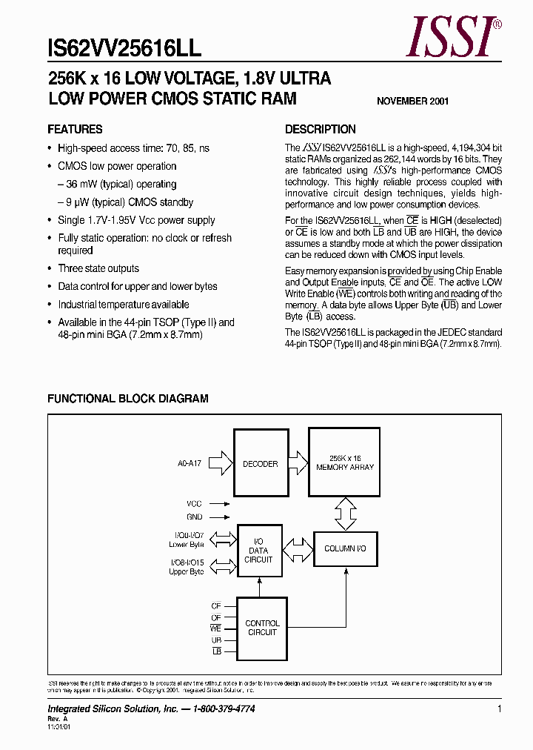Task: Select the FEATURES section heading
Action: click(x=75, y=129)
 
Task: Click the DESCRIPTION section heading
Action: click(x=321, y=129)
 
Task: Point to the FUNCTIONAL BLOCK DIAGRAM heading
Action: click(x=128, y=399)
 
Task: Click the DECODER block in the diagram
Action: click(x=261, y=464)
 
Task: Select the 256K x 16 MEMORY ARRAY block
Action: click(x=345, y=464)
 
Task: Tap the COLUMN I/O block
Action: click(x=345, y=548)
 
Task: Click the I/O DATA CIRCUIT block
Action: click(x=258, y=551)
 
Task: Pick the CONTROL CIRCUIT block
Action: click(x=261, y=628)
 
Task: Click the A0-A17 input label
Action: click(x=190, y=464)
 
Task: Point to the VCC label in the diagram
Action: click(x=194, y=504)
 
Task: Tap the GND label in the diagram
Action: click(x=194, y=517)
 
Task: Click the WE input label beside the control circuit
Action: click(x=216, y=628)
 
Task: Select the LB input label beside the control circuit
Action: click(x=216, y=651)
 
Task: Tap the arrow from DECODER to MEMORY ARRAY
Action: click(x=298, y=464)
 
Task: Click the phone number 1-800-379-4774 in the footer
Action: click(x=219, y=709)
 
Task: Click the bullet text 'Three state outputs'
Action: click(x=98, y=269)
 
